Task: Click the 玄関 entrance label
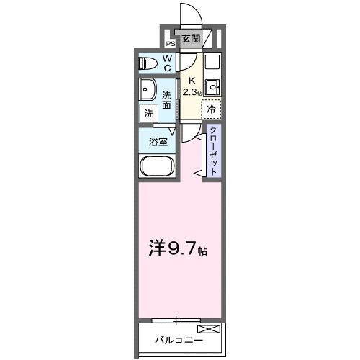(191, 39)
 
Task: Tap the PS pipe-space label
(171, 42)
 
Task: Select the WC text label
(166, 63)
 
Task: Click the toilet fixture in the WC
(147, 63)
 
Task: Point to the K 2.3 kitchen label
(191, 87)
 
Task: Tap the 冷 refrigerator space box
(212, 109)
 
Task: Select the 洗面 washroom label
(166, 100)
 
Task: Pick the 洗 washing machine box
(148, 113)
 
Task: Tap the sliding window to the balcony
(176, 318)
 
